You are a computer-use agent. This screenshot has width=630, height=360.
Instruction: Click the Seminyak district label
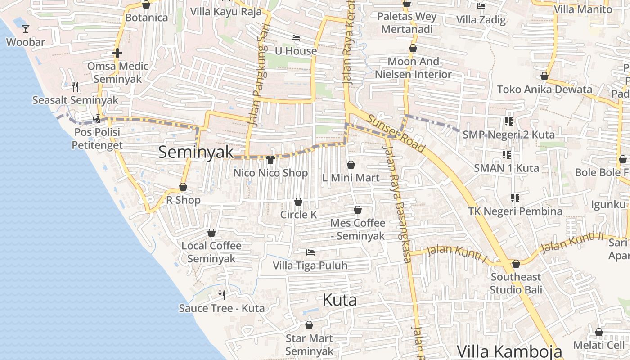pos(196,152)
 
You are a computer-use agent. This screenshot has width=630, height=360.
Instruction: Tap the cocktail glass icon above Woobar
pos(26,29)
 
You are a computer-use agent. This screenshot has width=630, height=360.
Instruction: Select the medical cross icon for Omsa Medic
pos(117,53)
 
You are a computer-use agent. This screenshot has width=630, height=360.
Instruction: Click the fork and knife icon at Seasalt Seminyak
pos(75,86)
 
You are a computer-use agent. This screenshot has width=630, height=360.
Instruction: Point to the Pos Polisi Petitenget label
pos(97,139)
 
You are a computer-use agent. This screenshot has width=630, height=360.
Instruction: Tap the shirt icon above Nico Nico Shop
pos(270,159)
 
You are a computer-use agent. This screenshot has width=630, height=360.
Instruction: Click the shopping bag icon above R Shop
pos(183,187)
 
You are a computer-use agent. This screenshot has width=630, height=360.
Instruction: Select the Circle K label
pos(298,215)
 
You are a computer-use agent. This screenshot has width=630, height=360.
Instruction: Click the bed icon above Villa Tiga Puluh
pos(310,252)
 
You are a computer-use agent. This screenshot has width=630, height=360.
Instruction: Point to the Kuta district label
pos(340,300)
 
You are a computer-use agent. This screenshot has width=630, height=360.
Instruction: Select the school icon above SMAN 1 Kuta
pos(507,155)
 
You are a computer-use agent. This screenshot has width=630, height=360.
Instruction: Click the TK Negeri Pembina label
pos(515,211)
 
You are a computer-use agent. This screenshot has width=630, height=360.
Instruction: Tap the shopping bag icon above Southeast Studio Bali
pos(516,264)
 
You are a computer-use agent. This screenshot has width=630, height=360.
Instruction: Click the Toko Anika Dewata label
pos(544,89)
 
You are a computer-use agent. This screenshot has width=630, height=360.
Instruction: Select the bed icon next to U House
pos(296,37)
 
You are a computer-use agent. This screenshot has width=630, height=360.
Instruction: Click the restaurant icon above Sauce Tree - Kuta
pos(222,295)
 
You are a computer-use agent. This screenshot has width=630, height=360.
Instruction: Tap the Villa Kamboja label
pos(509,351)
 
